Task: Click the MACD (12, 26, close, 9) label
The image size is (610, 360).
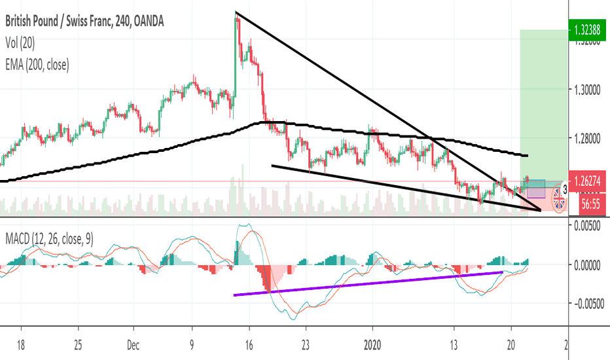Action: pyautogui.click(x=50, y=240)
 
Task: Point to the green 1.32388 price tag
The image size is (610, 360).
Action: pyautogui.click(x=586, y=29)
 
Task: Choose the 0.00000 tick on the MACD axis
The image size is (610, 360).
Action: pyautogui.click(x=586, y=265)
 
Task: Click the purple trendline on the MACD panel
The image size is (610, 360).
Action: pyautogui.click(x=367, y=283)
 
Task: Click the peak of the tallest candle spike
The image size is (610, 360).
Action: pyautogui.click(x=236, y=14)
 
